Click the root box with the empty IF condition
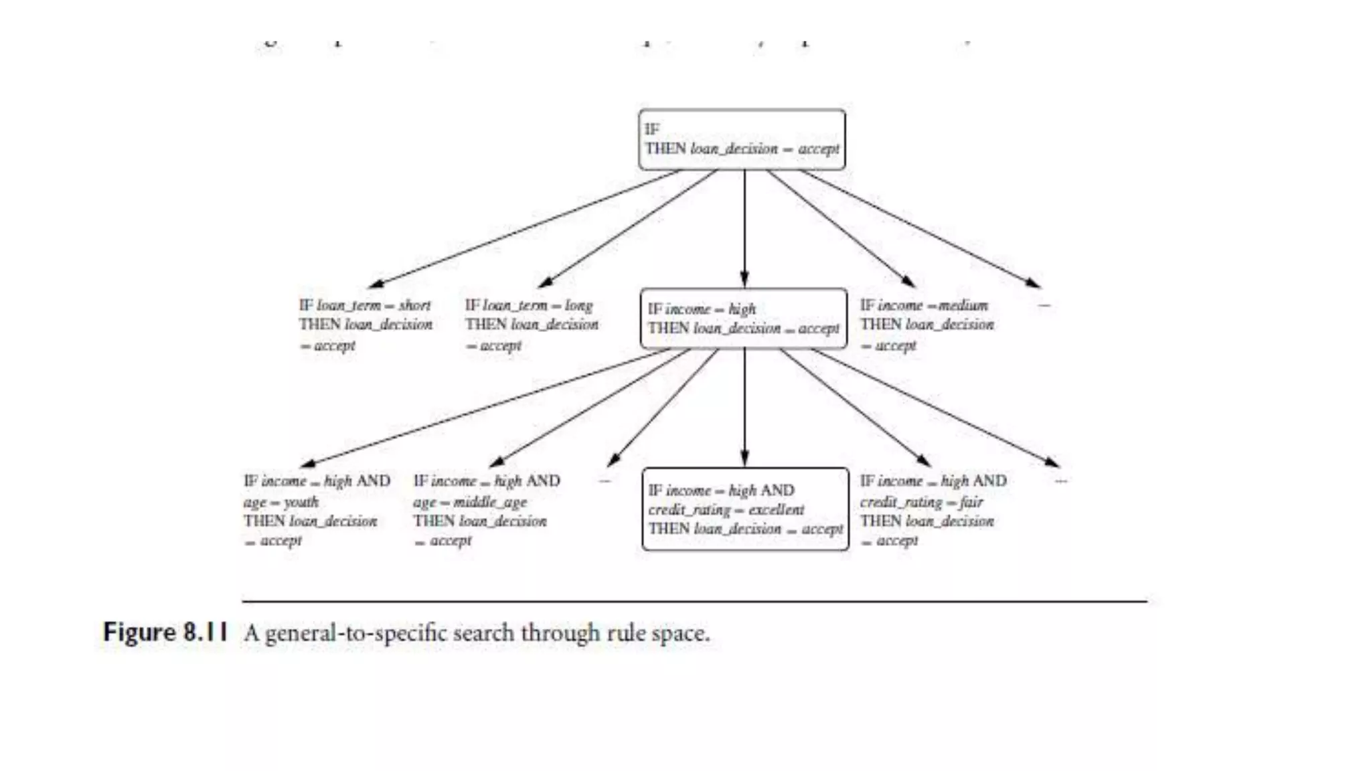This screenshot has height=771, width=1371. pos(742,139)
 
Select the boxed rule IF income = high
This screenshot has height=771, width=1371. pos(743,319)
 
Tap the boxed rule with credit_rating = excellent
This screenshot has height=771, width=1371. pos(745,509)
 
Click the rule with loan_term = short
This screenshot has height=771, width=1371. pos(366,325)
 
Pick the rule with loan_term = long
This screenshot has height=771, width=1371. pos(532,325)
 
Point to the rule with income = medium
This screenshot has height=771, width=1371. pos(926,325)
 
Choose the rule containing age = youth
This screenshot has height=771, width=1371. pos(316,510)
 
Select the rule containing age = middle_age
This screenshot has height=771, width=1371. pos(486,510)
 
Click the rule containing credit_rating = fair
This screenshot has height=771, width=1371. pos(933,510)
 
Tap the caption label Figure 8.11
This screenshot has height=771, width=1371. pos(165,632)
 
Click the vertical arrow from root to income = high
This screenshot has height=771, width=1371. pos(744,228)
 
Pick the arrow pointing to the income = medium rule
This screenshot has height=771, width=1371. pos(840,228)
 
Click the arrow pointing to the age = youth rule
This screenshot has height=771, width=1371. pos(485,406)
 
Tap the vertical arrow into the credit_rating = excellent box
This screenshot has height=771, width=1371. pos(744,407)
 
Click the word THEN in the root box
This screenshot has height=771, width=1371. pos(665,148)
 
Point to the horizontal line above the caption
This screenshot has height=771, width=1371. pos(694,602)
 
